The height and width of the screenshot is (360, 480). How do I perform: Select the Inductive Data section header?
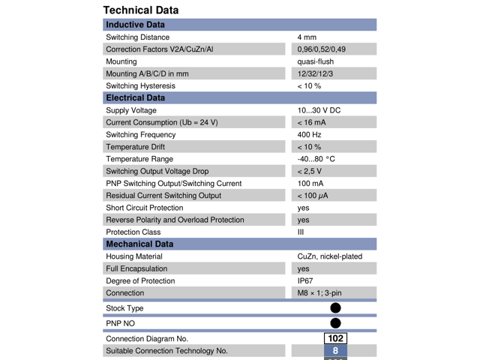135,25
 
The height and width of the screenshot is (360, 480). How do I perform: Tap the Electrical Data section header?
135,97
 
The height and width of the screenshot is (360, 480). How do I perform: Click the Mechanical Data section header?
139,244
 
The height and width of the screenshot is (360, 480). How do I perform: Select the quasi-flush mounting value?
316,61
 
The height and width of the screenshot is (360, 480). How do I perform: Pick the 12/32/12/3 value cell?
316,73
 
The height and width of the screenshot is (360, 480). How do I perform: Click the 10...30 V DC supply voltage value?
319,110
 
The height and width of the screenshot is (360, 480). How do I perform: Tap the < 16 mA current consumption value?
312,122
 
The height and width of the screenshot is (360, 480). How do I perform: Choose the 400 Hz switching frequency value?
309,134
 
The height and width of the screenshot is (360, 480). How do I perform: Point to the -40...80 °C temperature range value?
316,159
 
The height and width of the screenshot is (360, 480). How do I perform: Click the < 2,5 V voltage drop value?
310,171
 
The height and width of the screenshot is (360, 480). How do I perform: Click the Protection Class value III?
301,232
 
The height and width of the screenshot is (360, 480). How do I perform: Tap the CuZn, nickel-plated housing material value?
329,256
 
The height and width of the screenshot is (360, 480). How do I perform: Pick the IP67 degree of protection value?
306,280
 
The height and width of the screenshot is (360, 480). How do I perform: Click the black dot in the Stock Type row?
335,308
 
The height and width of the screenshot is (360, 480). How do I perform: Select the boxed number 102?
335,339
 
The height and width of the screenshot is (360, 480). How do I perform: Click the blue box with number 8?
335,351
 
